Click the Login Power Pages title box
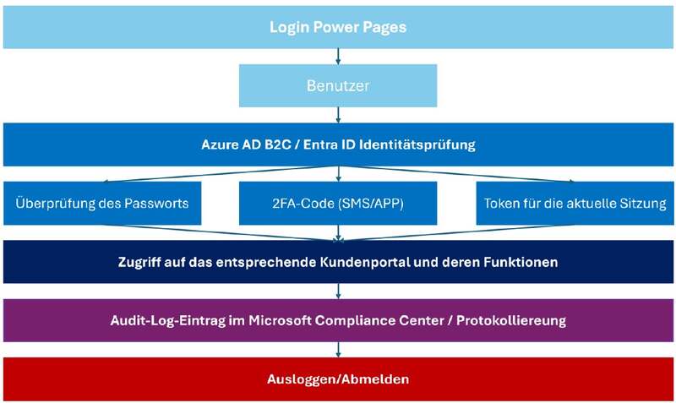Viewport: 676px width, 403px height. click(338, 27)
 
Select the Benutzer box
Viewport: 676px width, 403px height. click(338, 85)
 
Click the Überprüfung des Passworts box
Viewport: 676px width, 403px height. click(102, 203)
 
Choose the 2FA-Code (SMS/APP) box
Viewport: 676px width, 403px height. click(338, 203)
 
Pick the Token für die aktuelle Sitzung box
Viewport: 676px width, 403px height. click(575, 203)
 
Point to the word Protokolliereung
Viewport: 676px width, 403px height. click(511, 321)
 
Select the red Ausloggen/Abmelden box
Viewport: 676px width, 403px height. click(338, 378)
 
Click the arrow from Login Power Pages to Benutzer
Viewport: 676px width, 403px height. click(338, 57)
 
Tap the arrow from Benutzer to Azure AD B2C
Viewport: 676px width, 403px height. click(338, 115)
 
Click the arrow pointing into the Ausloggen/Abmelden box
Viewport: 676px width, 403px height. click(338, 350)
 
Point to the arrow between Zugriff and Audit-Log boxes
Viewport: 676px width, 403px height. click(338, 291)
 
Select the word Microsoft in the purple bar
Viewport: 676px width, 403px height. click(280, 321)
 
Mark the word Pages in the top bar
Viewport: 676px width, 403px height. click(384, 27)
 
